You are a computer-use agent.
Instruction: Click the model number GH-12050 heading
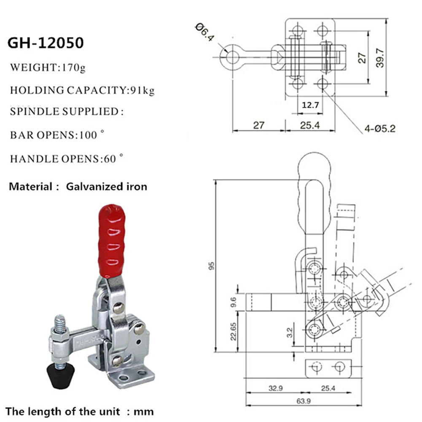pos(46,43)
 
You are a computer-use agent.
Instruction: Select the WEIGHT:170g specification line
pos(48,67)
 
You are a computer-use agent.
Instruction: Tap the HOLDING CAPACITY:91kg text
pos(82,90)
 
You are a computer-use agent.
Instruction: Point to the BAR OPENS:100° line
pos(57,136)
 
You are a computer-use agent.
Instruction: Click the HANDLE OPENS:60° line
pos(67,159)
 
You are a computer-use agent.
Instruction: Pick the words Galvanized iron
pos(107,186)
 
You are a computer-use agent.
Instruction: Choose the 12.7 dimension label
pos(310,104)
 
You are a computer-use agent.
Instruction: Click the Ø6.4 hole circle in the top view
pos(231,54)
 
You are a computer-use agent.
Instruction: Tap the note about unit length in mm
pos(80,411)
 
